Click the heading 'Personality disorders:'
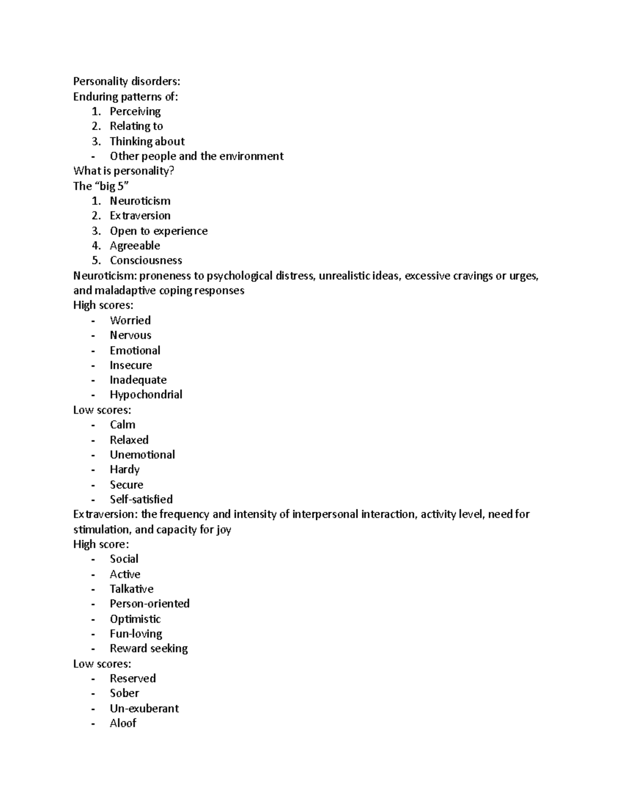tap(127, 81)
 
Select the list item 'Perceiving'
tap(135, 111)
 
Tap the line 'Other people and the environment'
tap(196, 156)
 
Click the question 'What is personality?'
tap(124, 171)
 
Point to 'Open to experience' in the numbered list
tap(158, 231)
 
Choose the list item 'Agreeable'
tap(134, 245)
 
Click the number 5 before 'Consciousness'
tap(96, 260)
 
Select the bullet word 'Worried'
tap(130, 320)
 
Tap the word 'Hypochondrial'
tap(146, 394)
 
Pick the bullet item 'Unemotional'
tap(142, 455)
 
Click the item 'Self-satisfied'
tap(141, 499)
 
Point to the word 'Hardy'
tap(125, 469)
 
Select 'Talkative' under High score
tap(131, 589)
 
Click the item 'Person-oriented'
tap(150, 603)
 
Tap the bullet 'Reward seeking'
tap(148, 649)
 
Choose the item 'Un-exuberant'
tap(144, 708)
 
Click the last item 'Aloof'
tap(123, 723)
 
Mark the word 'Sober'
tap(124, 693)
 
